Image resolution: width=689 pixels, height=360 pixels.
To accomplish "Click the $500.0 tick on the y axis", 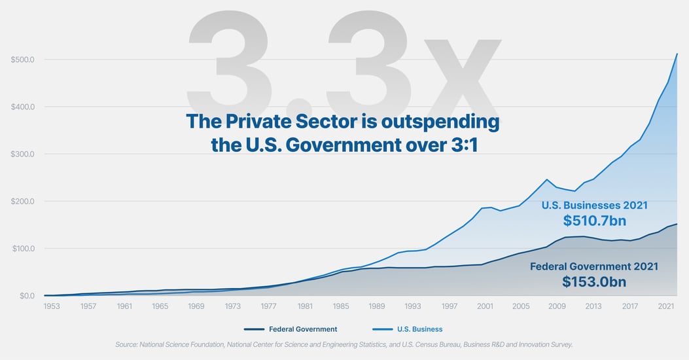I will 23,60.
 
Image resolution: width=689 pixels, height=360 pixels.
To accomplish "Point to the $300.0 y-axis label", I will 23,154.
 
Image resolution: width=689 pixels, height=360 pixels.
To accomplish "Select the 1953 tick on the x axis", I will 52,306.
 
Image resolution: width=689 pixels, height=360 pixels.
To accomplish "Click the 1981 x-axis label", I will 304,306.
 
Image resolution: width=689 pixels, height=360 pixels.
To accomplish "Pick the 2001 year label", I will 485,306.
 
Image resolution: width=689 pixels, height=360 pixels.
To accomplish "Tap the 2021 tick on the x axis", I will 665,306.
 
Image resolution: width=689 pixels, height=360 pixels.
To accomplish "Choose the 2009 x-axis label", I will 557,306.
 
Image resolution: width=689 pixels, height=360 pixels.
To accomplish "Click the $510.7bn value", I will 594,221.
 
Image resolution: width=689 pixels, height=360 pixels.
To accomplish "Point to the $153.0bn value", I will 594,281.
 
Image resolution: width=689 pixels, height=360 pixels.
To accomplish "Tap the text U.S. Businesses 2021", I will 594,206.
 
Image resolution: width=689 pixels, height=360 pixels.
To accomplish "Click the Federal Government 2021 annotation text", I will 593,266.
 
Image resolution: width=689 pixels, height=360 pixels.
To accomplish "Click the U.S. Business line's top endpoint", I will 677,54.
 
